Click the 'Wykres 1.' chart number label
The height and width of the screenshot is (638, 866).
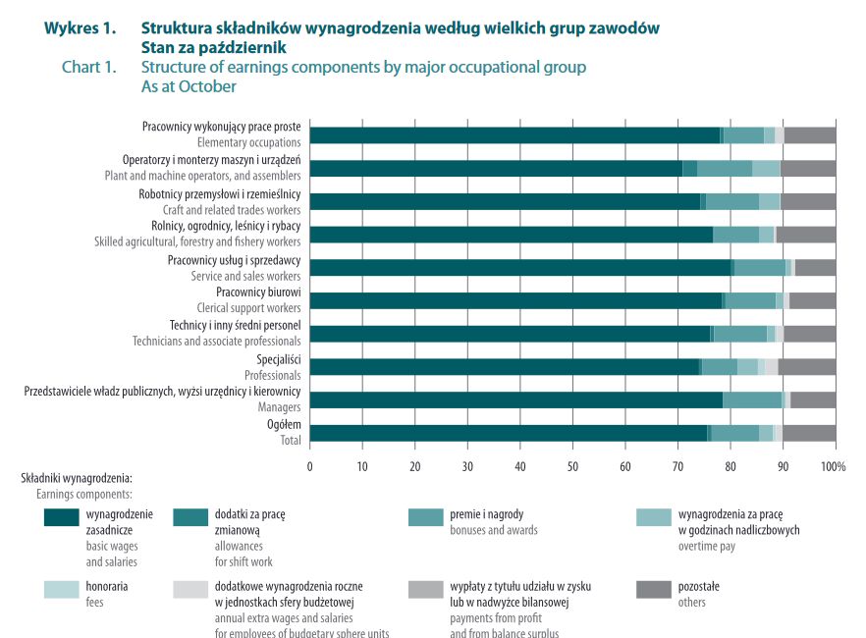tap(80, 27)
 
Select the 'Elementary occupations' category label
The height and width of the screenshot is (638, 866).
tap(248, 143)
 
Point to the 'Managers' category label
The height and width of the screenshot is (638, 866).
tap(279, 406)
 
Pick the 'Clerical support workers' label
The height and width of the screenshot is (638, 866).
tap(248, 308)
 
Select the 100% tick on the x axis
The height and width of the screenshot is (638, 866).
tap(834, 465)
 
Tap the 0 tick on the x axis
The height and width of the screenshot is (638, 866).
tap(310, 465)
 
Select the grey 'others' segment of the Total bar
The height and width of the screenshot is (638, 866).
tap(809, 433)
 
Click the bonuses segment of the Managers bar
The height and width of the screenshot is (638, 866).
tap(752, 399)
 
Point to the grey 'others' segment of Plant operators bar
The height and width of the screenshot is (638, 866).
tap(807, 168)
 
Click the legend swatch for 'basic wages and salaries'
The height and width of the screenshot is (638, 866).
tap(60, 517)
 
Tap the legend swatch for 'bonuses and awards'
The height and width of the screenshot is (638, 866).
tap(426, 517)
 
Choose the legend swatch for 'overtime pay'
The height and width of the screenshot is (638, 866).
tap(654, 517)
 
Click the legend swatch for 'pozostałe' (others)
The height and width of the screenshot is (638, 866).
tap(654, 589)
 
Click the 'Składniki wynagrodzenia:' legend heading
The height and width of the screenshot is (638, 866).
tap(76, 478)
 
